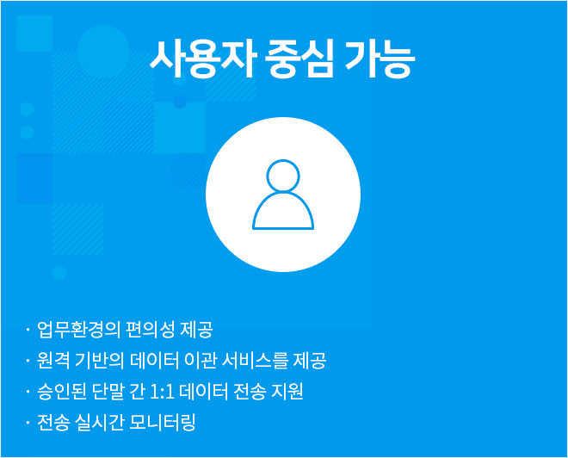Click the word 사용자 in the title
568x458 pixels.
[x=203, y=59]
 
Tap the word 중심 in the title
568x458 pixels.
[x=299, y=59]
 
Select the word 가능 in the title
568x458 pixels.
[x=379, y=59]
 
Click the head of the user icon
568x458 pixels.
[x=283, y=176]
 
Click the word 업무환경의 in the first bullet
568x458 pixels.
[x=78, y=330]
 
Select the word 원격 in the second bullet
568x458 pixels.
[x=53, y=361]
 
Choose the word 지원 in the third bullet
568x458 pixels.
[x=287, y=392]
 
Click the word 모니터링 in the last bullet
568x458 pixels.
[x=162, y=423]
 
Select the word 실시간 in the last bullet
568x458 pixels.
[x=98, y=423]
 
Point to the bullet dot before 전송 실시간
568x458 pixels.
[x=28, y=423]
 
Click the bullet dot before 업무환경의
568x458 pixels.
[x=28, y=330]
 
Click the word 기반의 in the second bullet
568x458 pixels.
[x=99, y=361]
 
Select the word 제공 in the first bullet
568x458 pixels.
[x=196, y=330]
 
